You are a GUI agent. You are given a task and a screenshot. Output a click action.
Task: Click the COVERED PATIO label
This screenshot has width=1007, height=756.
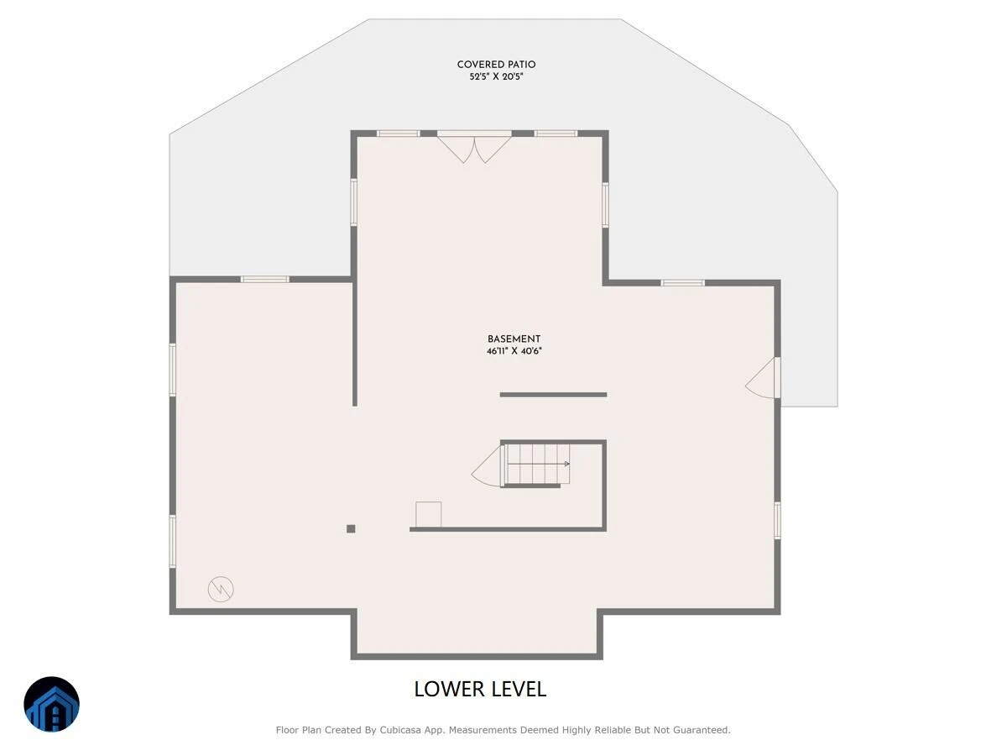(496, 65)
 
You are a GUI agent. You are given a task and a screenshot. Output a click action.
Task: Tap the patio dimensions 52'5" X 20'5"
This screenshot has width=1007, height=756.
(496, 76)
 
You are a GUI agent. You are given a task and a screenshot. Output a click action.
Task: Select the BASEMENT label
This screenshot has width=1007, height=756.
(514, 339)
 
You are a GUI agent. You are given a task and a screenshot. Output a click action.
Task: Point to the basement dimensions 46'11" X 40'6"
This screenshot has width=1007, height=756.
(514, 351)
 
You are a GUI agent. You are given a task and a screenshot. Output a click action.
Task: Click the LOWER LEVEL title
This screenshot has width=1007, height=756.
(480, 689)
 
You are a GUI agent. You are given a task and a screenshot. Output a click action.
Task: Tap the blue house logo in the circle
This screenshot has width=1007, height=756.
(51, 704)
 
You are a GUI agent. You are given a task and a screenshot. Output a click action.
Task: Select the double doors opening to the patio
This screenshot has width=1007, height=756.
(474, 147)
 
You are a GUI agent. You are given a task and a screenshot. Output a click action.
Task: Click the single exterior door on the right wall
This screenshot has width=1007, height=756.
(763, 378)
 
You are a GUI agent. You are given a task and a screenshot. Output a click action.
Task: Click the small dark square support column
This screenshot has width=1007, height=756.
(351, 529)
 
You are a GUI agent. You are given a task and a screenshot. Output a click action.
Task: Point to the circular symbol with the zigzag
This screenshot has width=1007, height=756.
(221, 589)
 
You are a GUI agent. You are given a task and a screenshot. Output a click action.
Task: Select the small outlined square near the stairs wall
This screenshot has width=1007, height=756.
(429, 514)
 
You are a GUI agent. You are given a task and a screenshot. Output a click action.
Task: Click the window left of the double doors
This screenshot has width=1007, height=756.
(399, 134)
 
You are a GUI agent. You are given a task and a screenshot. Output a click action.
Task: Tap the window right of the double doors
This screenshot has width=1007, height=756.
(556, 134)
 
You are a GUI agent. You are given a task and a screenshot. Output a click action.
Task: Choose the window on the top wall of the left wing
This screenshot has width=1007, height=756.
(265, 279)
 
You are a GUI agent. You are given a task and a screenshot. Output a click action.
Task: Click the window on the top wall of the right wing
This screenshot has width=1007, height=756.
(682, 283)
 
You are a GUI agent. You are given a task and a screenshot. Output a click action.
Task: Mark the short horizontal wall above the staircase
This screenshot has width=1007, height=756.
(553, 395)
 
